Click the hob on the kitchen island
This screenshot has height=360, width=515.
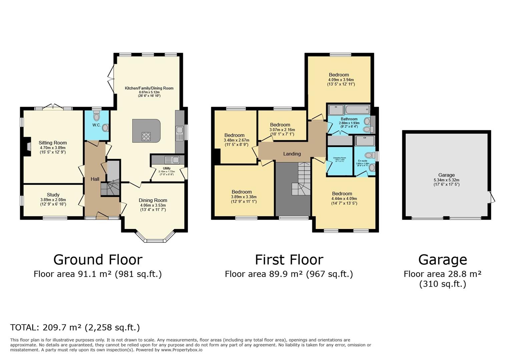pyautogui.click(x=146, y=136)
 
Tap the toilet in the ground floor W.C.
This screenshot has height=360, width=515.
pyautogui.click(x=97, y=117)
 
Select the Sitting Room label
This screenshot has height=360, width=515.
pyautogui.click(x=53, y=143)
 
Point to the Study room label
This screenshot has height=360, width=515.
pyautogui.click(x=53, y=195)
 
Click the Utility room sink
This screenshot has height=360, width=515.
pyautogui.click(x=176, y=160)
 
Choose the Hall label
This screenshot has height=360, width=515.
pyautogui.click(x=95, y=179)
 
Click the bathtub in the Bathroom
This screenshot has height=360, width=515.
pyautogui.click(x=357, y=109)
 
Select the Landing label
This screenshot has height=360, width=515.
pyautogui.click(x=292, y=154)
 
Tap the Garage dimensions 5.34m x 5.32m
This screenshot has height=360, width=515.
pyautogui.click(x=446, y=180)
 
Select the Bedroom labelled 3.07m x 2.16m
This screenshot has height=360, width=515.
pyautogui.click(x=280, y=125)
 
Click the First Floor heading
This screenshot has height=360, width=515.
pyautogui.click(x=289, y=260)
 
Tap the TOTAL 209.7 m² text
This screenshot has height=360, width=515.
pyautogui.click(x=75, y=327)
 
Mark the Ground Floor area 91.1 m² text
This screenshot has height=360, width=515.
pyautogui.click(x=97, y=274)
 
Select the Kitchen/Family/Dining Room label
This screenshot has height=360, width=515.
pyautogui.click(x=149, y=88)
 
